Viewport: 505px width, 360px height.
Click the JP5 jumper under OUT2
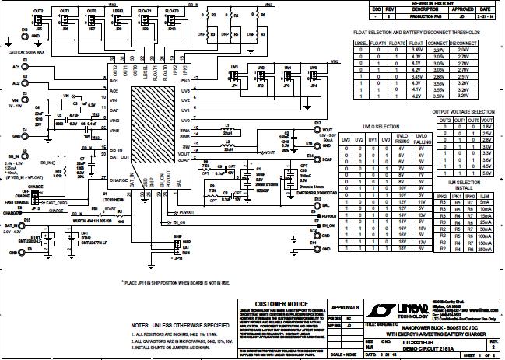[38, 19]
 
